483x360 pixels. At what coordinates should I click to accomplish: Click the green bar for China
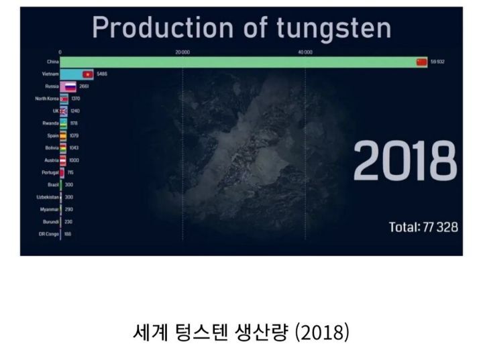(x=238, y=62)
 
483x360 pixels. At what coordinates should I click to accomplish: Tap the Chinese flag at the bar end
(x=421, y=62)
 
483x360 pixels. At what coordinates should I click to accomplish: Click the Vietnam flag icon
(x=87, y=74)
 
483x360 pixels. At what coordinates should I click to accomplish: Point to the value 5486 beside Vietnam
(x=102, y=74)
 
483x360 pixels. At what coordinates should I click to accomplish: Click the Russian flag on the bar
(x=70, y=86)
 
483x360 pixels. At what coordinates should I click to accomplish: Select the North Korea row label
(x=47, y=99)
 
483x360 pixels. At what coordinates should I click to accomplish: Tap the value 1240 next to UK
(x=75, y=111)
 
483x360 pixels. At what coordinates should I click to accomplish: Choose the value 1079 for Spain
(x=74, y=135)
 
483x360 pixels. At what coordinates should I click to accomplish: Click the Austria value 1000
(x=74, y=160)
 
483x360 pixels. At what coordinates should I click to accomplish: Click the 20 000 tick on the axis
(x=182, y=52)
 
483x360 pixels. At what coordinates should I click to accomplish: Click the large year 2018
(x=405, y=162)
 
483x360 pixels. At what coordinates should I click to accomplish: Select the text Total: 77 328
(x=423, y=227)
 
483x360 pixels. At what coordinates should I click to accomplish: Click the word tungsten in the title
(x=333, y=28)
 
